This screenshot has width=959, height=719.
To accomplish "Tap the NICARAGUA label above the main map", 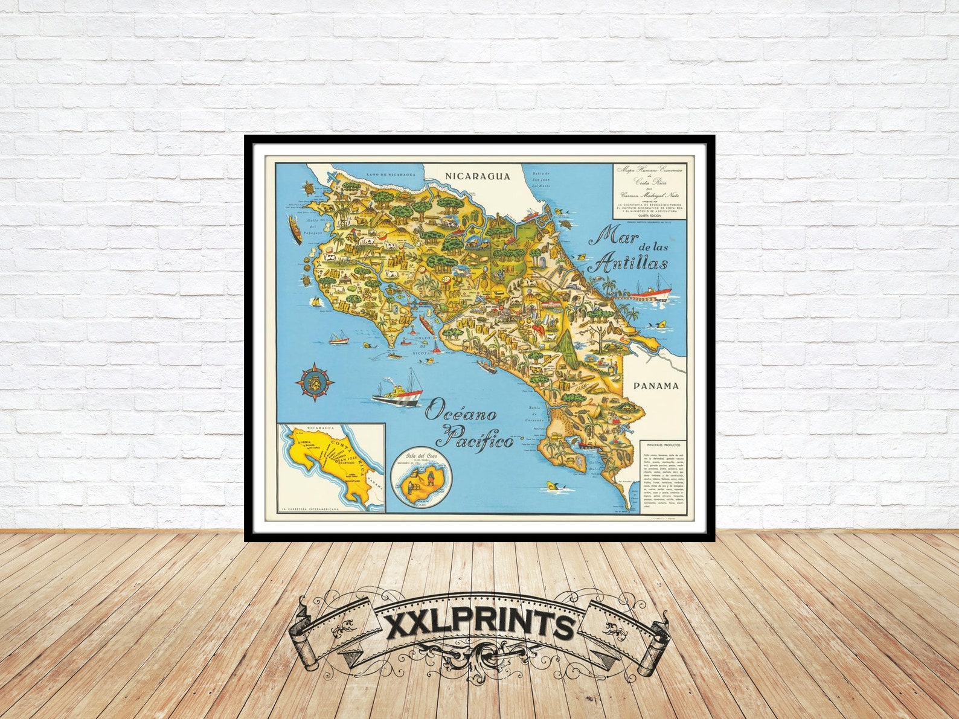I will (x=477, y=176).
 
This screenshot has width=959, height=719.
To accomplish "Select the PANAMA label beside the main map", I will (x=655, y=386).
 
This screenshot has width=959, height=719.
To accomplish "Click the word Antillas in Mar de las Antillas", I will (x=629, y=264).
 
